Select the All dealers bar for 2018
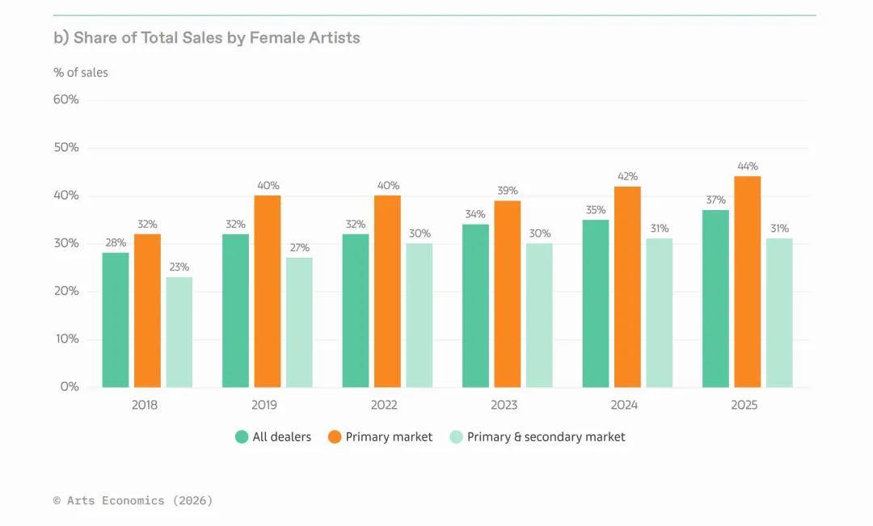[x=116, y=320]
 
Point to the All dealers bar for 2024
[x=596, y=303]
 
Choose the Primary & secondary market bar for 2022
[x=419, y=315]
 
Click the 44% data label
[x=748, y=166]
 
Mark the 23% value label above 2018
[x=179, y=267]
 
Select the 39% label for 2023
[x=508, y=191]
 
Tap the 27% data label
[x=299, y=247]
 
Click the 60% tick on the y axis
[x=66, y=99]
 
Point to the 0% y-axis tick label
[x=70, y=387]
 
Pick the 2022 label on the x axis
[x=384, y=405]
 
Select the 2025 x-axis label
[x=744, y=405]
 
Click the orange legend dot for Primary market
[x=335, y=437]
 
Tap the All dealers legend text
[x=281, y=437]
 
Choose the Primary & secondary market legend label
[x=546, y=437]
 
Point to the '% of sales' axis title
[x=81, y=73]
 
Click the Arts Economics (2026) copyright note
[x=133, y=501]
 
